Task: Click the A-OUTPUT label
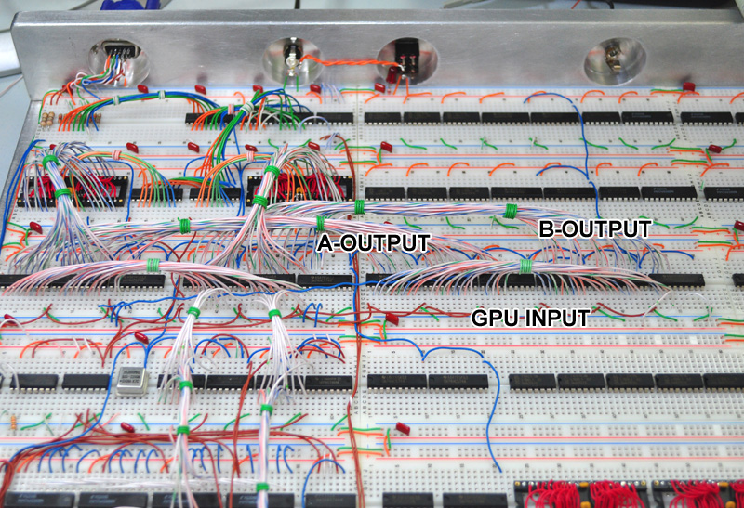374,243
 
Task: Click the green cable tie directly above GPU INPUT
525,267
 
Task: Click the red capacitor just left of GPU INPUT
392,318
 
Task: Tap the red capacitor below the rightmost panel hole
688,86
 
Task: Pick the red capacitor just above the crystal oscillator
140,337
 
